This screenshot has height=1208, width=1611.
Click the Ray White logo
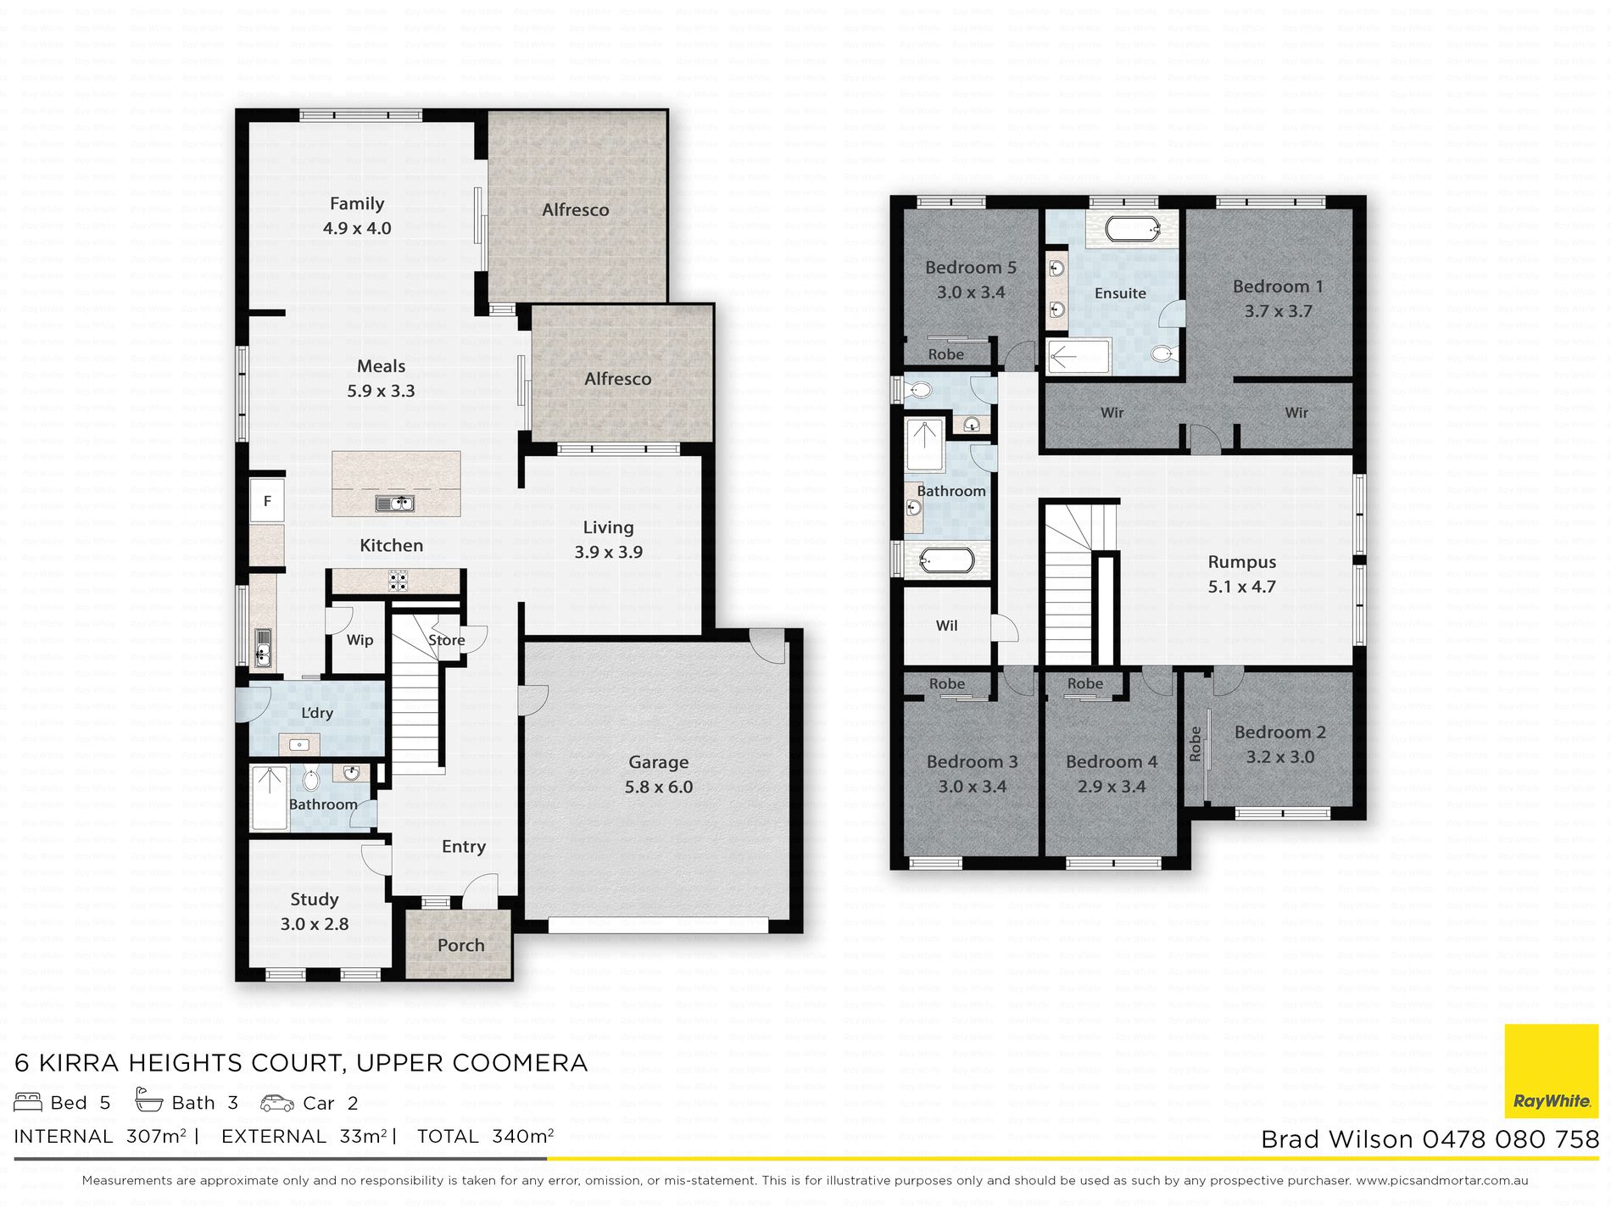(1551, 1072)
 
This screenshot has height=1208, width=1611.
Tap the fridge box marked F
(267, 501)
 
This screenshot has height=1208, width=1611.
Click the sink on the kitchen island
(395, 504)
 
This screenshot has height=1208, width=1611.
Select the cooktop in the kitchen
(398, 581)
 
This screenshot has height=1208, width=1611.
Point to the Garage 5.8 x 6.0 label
(659, 775)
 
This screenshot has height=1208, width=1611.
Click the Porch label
(461, 945)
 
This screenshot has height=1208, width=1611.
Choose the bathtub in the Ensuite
(1133, 228)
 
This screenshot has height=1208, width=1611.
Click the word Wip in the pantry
(360, 640)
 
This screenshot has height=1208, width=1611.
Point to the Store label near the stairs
(447, 640)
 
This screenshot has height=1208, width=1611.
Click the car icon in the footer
(277, 1103)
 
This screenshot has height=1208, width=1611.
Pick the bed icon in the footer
(28, 1102)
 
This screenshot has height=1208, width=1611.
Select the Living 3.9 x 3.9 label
(609, 539)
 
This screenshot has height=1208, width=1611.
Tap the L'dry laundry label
(317, 713)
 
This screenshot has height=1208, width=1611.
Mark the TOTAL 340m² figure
(485, 1136)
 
